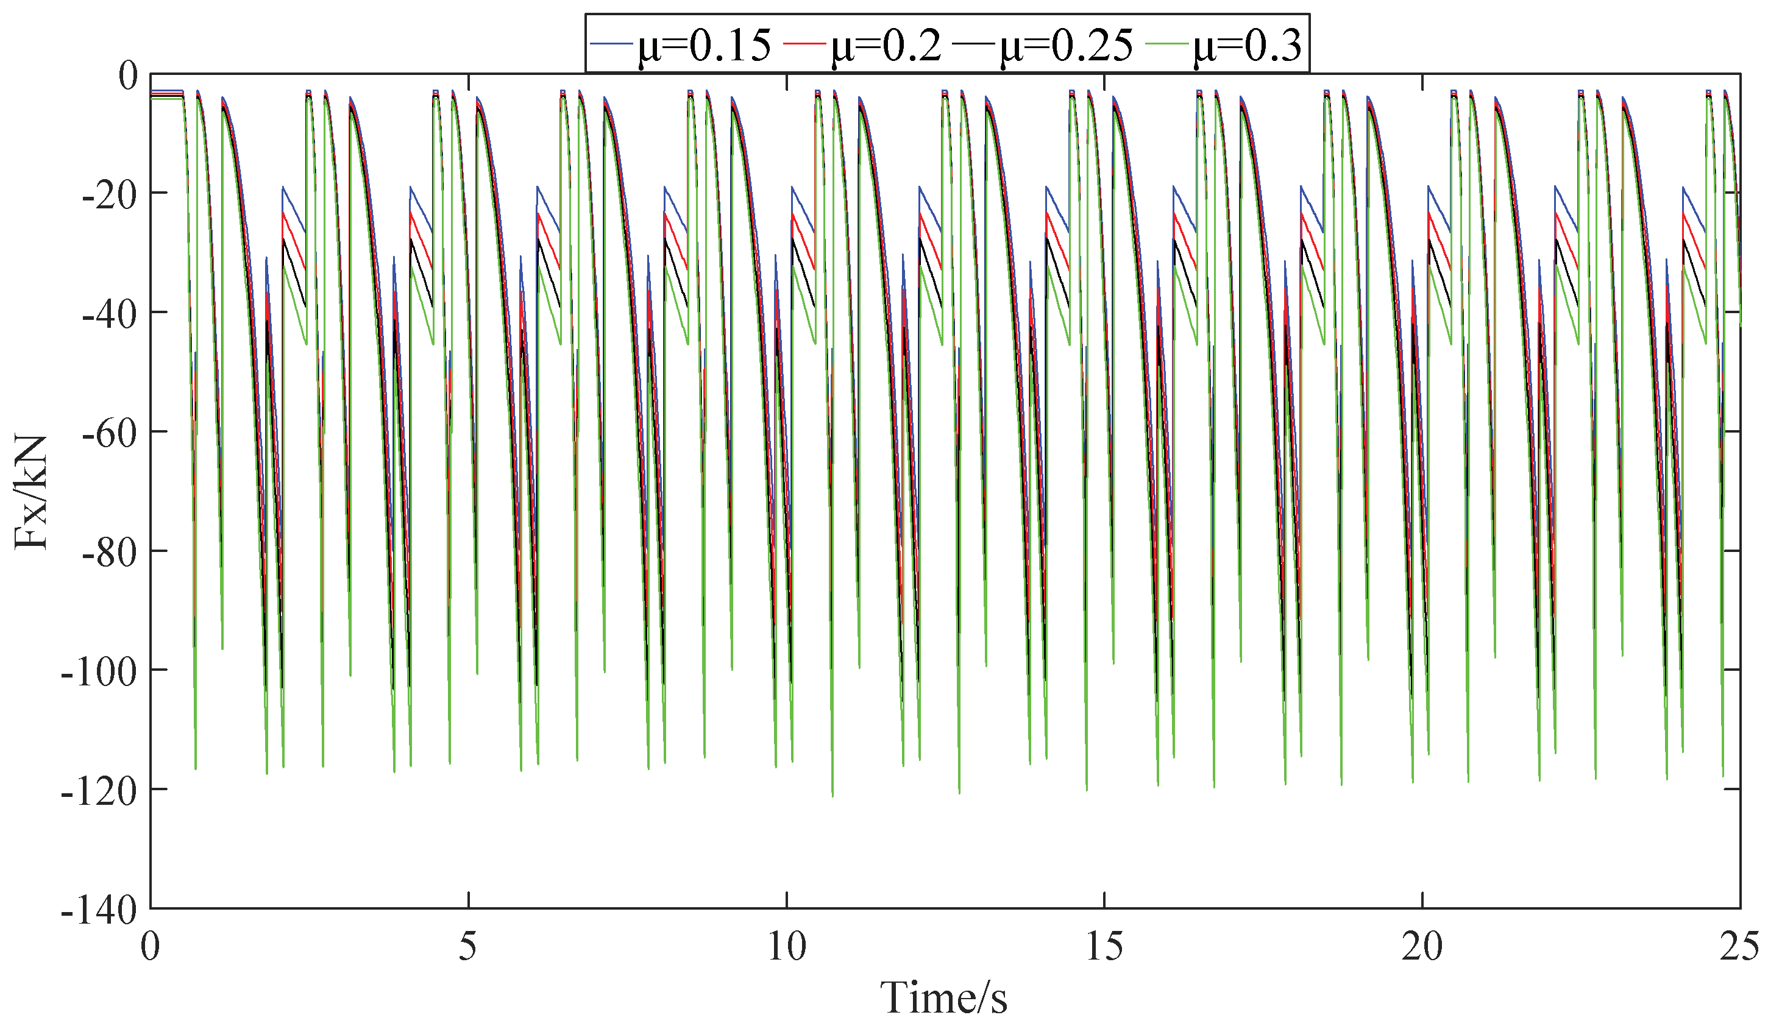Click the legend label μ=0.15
coord(704,46)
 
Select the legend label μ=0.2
coord(886,46)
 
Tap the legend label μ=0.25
coord(1066,46)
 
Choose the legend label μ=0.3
coord(1248,46)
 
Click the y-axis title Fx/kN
coord(31,493)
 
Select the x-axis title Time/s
coord(943,997)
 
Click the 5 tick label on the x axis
coord(468,947)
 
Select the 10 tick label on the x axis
coord(786,947)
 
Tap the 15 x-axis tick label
coord(1104,947)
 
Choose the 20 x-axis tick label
coord(1422,947)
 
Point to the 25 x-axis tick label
coord(1739,947)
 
